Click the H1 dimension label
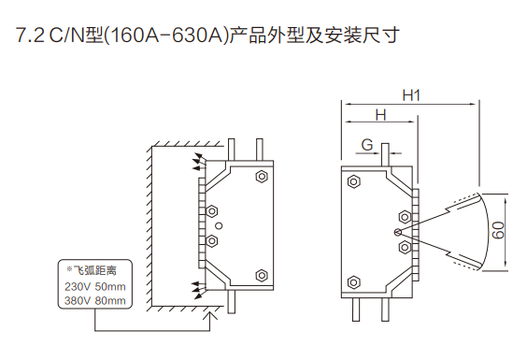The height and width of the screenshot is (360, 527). tap(411, 95)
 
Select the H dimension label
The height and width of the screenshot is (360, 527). tap(380, 115)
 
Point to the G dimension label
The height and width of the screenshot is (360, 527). tap(367, 145)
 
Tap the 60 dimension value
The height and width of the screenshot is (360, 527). tap(498, 230)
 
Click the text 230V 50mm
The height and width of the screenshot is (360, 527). tap(95, 287)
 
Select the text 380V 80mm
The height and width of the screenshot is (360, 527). tap(95, 300)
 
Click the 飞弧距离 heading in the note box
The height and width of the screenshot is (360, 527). tap(94, 270)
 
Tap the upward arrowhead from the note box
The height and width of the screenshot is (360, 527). tap(210, 316)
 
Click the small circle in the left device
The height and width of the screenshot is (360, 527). tap(219, 226)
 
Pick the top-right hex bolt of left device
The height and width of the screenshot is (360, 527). tap(262, 177)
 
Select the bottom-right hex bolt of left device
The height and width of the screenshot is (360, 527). tap(262, 276)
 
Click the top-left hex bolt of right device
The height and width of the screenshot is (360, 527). tap(353, 182)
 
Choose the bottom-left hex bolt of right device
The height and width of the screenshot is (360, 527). tap(353, 282)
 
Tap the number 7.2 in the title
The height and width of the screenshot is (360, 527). tap(30, 36)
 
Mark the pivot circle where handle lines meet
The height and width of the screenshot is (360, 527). tap(398, 232)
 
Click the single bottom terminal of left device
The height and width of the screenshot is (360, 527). tap(231, 301)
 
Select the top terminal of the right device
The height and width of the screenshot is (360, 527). tap(386, 155)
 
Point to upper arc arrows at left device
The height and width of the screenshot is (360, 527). tap(199, 162)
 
